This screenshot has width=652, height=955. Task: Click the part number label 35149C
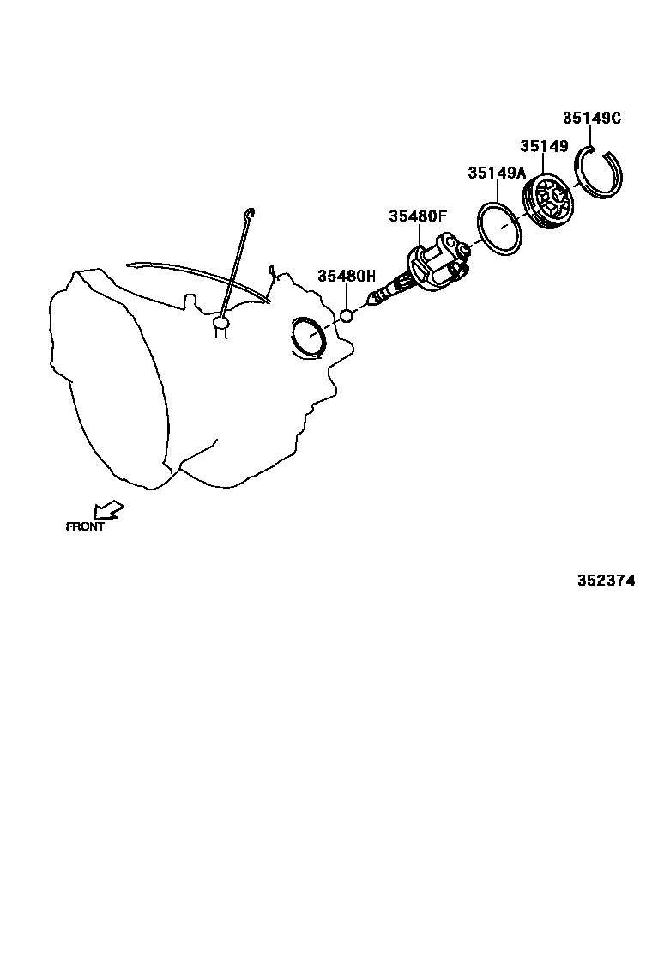pos(591,119)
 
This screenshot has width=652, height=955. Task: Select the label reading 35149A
pos(496,173)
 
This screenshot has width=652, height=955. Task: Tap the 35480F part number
pos(418,216)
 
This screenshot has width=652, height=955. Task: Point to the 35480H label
pos(347,276)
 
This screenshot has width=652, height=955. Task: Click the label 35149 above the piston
pos(544,146)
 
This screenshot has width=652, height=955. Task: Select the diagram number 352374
pos(606,580)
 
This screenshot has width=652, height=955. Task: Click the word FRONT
pos(85,526)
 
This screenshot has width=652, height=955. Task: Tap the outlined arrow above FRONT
pos(109,512)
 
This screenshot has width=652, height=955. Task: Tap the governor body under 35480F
pos(434,265)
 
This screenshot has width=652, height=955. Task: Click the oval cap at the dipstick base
pos(221,323)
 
